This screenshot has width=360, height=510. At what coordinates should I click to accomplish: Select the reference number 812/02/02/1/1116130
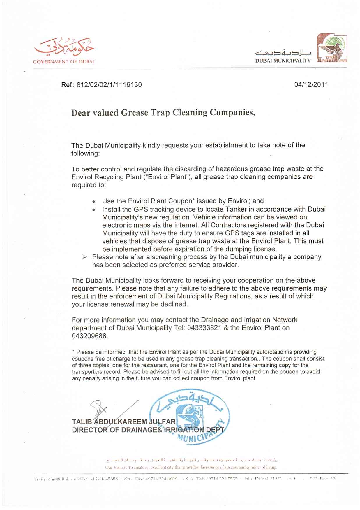109,85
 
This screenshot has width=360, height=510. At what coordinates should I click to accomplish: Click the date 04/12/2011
311,85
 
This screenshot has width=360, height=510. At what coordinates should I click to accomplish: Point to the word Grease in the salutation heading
134,113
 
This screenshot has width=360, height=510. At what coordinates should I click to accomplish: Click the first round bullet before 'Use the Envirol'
93,201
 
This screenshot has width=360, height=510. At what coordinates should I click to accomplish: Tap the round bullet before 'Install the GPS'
93,210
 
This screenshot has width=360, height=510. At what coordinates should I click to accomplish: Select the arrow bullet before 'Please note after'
84,257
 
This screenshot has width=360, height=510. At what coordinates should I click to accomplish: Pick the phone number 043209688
89,336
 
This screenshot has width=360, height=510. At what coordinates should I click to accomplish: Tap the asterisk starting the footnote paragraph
73,351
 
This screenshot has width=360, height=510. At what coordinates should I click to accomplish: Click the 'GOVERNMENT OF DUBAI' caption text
63,62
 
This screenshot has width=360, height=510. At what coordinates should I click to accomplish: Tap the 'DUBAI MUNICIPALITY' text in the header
283,61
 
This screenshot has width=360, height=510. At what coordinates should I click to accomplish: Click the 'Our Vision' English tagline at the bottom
191,467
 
